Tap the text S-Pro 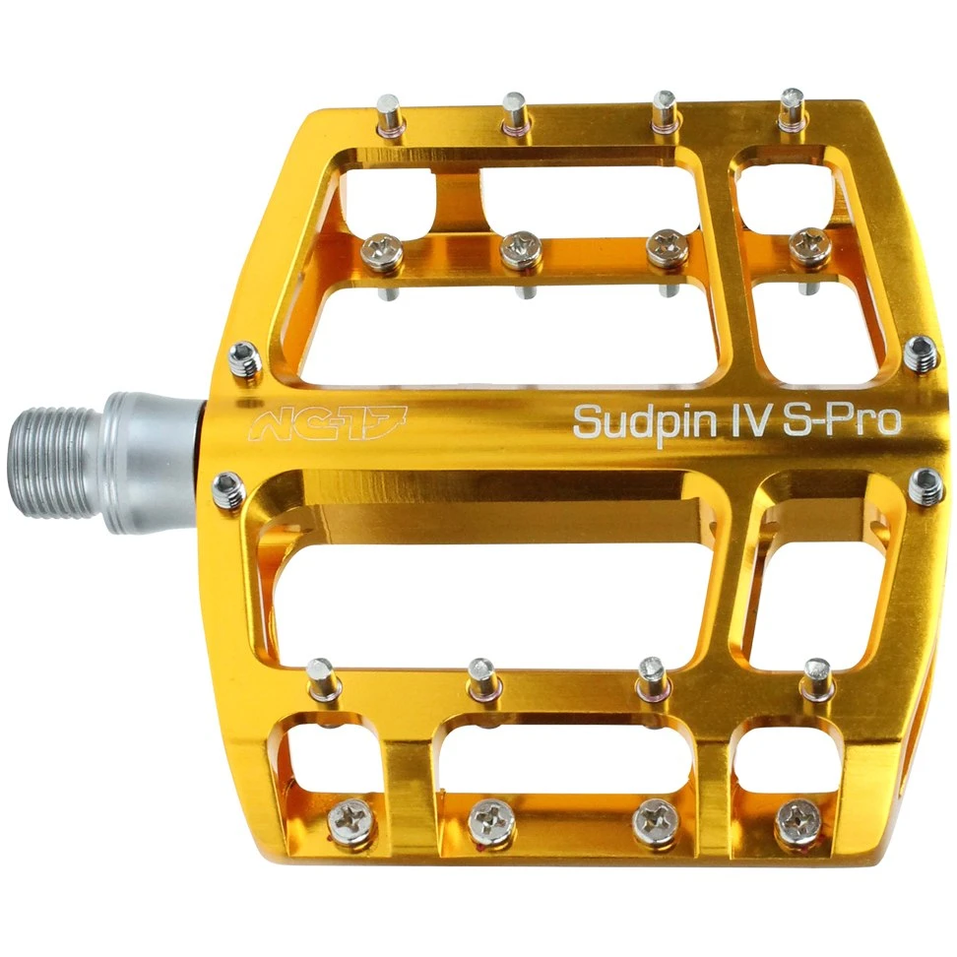(842, 419)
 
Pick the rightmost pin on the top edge (794, 108)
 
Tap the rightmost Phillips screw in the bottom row (799, 819)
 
